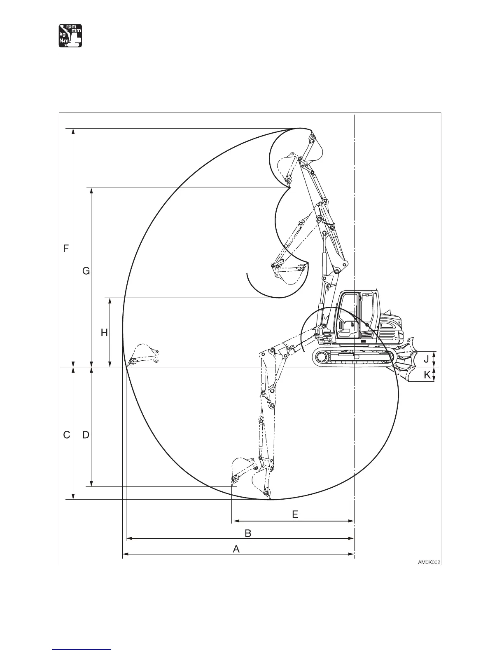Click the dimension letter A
pos(236,549)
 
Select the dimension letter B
pos(248,533)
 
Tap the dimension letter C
pos(67,435)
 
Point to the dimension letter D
pos(86,435)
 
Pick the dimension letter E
pos(295,514)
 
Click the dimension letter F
pos(66,249)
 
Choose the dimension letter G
pos(86,271)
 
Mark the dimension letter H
pos(104,333)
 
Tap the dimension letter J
pos(426,359)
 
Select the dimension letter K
pos(427,375)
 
